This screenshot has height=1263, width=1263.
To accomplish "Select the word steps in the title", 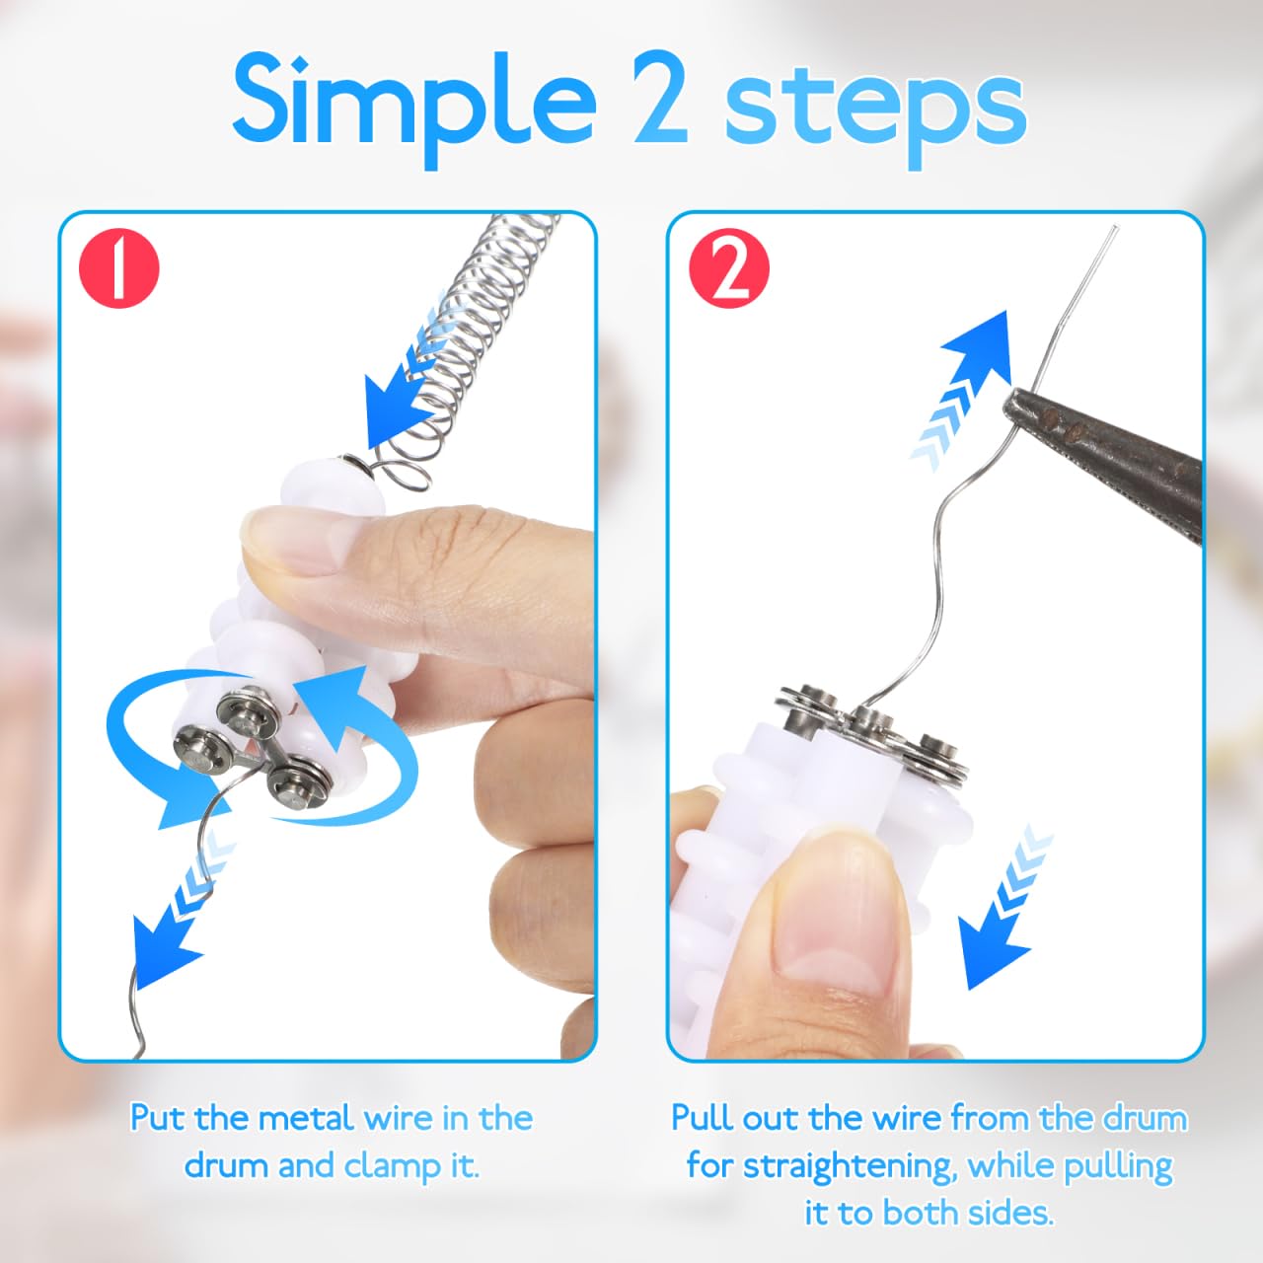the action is (875, 112).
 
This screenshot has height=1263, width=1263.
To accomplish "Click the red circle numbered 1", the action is (118, 268).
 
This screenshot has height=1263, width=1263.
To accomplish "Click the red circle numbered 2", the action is (729, 268).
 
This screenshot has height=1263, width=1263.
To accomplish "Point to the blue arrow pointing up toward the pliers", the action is (963, 387).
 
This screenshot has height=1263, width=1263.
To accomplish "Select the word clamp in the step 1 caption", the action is (396, 1166).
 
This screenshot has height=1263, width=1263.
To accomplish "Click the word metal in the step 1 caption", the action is (308, 1118).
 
